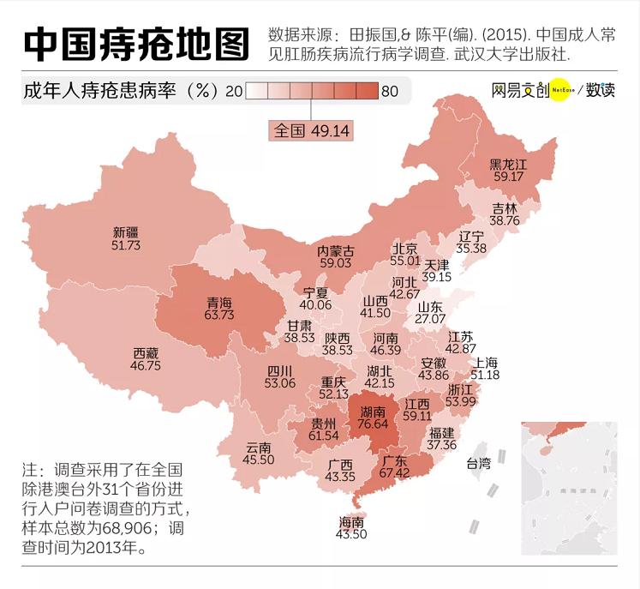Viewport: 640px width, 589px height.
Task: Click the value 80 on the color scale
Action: [x=390, y=91]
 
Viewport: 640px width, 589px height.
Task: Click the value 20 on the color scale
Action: [x=233, y=91]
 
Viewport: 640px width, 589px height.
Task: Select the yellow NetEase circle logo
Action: [x=560, y=90]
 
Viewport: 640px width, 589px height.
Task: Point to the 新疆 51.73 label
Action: [x=125, y=238]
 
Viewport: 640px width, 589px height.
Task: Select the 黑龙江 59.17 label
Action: [x=507, y=170]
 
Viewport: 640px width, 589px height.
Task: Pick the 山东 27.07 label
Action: [x=430, y=312]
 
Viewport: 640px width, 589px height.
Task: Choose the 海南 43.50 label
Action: [x=352, y=528]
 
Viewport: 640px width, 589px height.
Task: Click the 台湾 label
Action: [x=478, y=464]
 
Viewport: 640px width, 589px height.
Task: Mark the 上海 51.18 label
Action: [x=486, y=369]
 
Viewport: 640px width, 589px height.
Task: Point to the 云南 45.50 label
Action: [x=259, y=454]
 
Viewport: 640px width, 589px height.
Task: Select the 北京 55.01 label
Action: [x=405, y=254]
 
